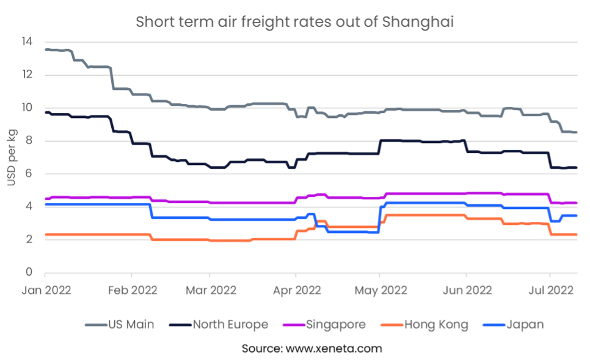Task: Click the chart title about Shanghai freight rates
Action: [x=295, y=22]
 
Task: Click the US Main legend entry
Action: [x=132, y=325]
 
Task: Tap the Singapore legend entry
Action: [x=337, y=325]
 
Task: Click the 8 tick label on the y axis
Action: [x=29, y=141]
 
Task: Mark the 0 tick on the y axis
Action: [x=29, y=273]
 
